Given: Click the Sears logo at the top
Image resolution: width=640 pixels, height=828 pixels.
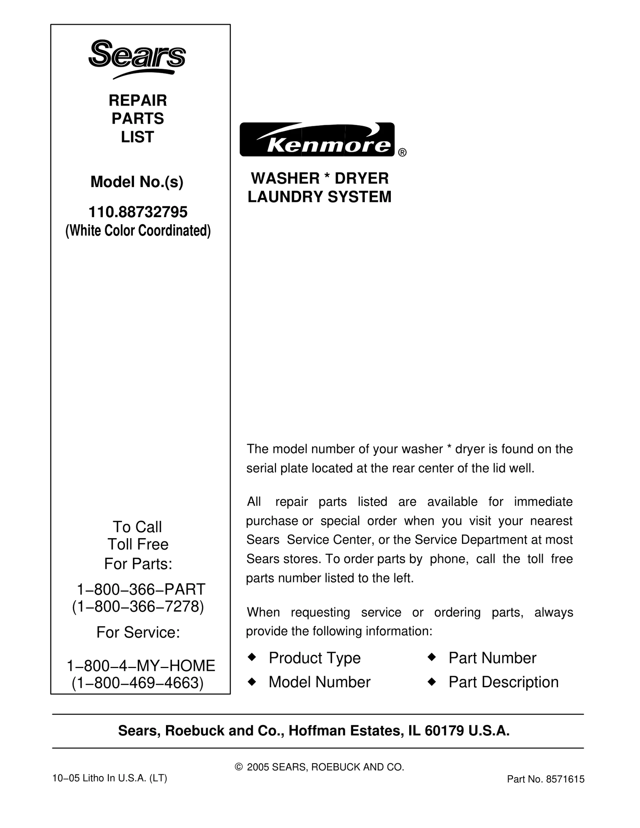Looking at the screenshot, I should point(137,58).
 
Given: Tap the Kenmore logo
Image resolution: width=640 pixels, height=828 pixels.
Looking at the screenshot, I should point(317,140).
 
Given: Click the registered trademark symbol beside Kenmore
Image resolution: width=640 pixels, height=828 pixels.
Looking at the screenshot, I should point(402,153).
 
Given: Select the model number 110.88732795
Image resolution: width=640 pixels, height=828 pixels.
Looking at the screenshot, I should point(138,212).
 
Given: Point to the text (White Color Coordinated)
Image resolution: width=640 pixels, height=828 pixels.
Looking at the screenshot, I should point(138,231).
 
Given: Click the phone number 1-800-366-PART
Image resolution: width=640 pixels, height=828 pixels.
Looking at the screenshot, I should point(141,589).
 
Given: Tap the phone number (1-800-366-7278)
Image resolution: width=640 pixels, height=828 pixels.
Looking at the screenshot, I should point(138,607).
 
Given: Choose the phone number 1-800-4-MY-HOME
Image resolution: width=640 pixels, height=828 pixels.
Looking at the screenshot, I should point(141,666).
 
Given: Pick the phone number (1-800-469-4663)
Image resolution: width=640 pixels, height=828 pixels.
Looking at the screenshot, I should point(138,683).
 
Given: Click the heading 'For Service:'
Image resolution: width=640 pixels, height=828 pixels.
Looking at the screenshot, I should point(138,632).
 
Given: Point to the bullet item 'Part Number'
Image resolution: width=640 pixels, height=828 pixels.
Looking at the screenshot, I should point(492,658).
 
